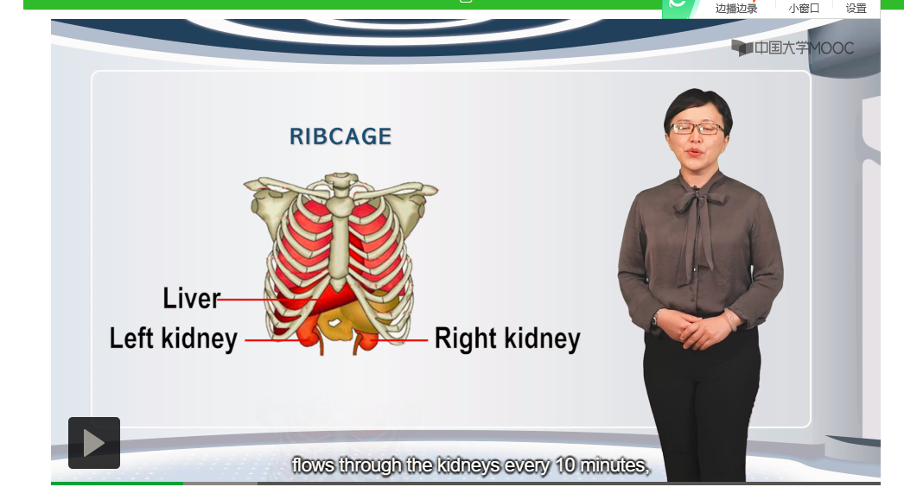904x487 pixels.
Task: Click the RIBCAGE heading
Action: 341,136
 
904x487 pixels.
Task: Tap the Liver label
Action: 191,298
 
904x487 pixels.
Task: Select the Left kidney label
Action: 174,338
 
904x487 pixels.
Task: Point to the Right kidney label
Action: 507,338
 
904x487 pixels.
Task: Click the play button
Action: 94,443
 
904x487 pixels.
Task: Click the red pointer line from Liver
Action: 266,300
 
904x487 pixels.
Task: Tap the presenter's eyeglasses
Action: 697,129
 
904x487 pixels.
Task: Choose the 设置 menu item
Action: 856,8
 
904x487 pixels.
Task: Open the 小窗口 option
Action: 804,8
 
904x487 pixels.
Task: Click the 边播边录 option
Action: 736,8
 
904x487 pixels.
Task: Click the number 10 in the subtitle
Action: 566,465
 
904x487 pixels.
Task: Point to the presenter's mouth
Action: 695,153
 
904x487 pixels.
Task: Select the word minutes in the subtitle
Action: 614,465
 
